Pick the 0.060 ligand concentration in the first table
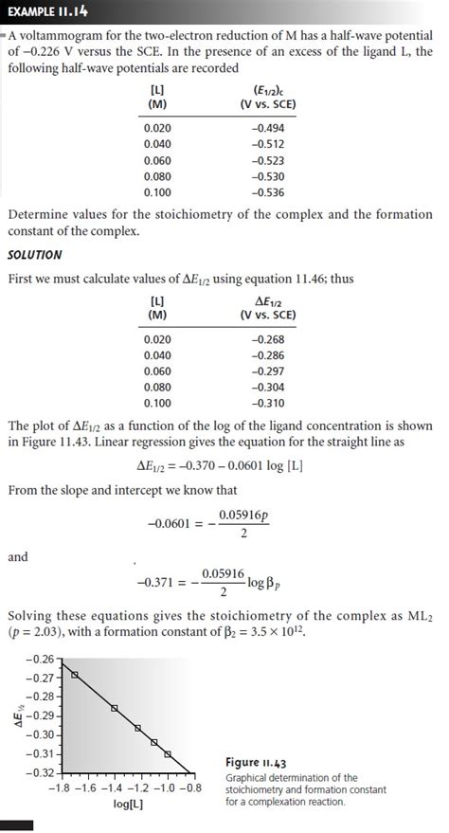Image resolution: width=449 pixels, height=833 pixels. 157,161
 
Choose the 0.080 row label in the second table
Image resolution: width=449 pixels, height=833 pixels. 157,388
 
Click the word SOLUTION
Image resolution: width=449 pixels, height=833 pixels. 35,255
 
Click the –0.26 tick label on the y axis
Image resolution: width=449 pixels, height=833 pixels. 41,658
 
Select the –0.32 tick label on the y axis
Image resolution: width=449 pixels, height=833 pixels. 41,773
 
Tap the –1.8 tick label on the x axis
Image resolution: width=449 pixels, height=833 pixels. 62,788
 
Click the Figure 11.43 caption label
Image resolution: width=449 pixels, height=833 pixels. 256,762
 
